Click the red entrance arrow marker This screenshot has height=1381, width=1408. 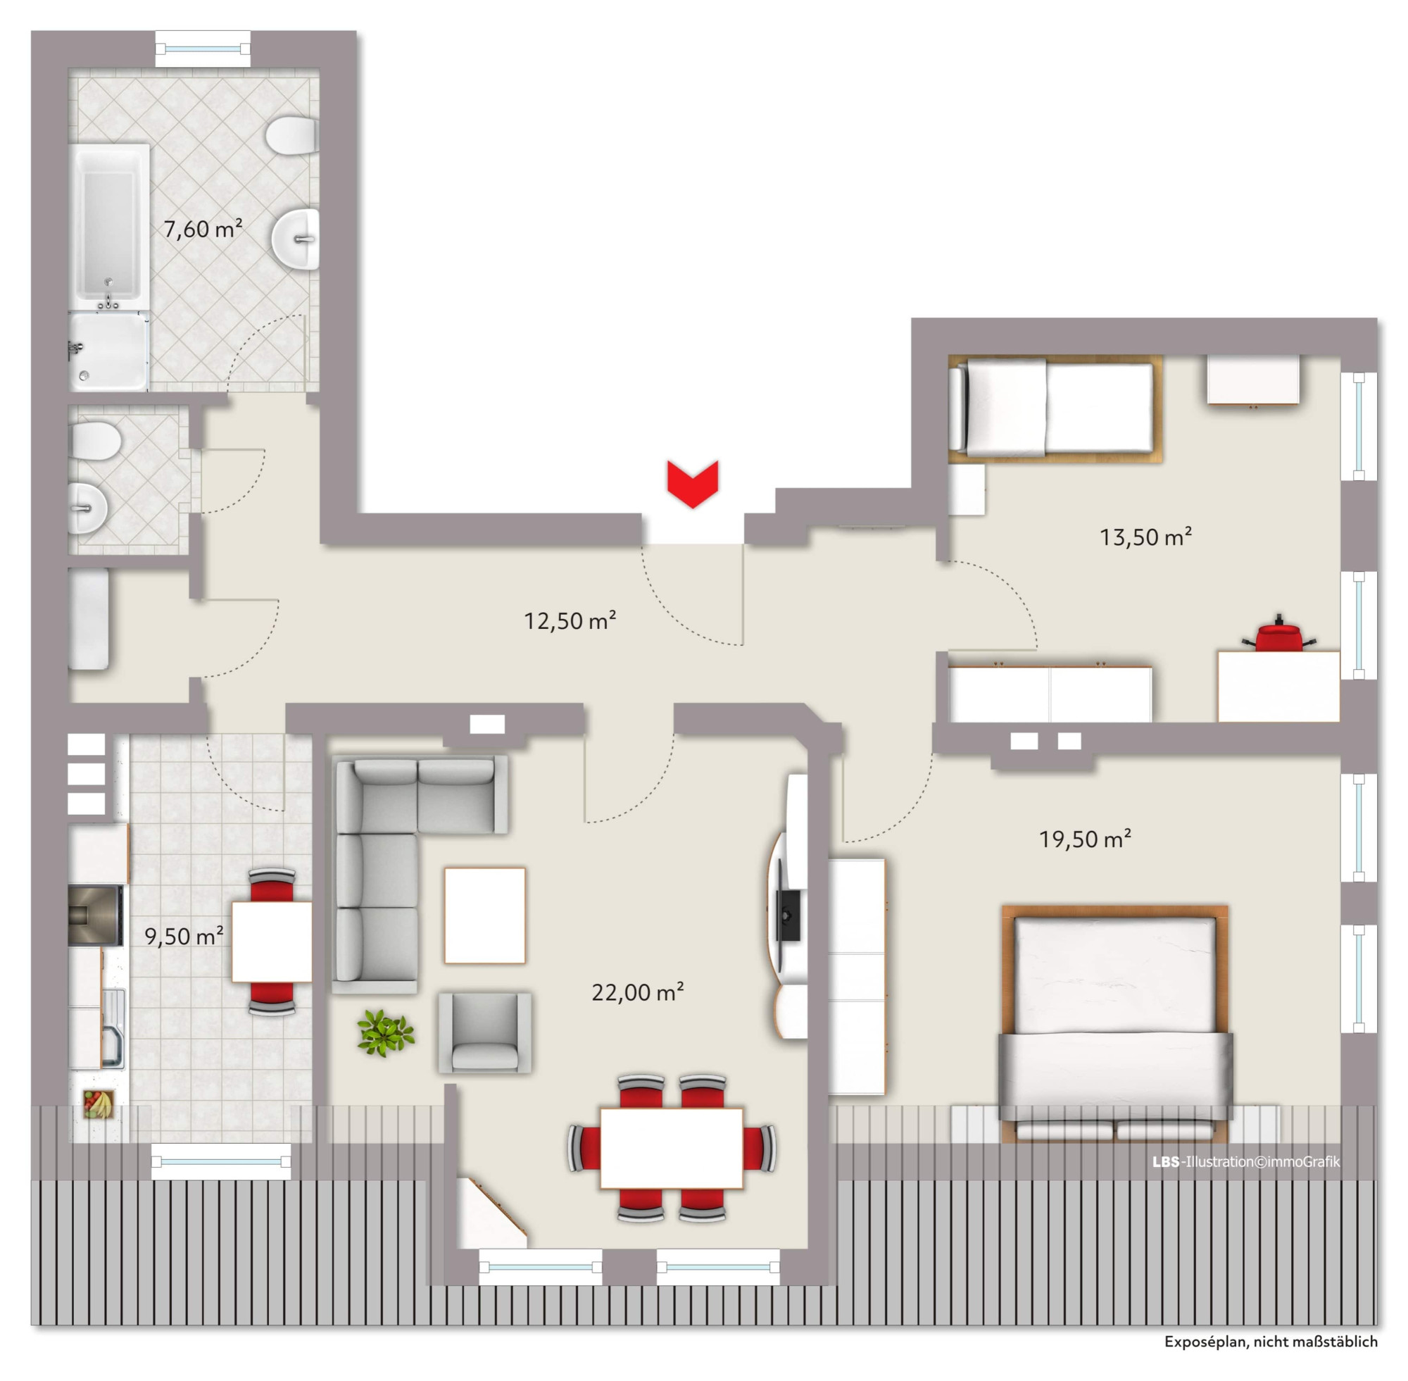(693, 484)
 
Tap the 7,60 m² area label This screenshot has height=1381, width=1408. (202, 229)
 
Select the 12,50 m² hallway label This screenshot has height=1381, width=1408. (570, 621)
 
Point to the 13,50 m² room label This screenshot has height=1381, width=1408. (1145, 537)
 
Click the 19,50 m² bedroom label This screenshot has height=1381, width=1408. (1085, 839)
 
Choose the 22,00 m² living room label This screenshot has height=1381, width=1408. (637, 992)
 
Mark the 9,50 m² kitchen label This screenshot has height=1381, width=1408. (184, 936)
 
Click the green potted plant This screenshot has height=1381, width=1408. (385, 1033)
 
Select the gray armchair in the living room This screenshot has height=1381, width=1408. (484, 1033)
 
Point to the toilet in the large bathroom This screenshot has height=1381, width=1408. (291, 135)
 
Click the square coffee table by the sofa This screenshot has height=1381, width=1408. (484, 916)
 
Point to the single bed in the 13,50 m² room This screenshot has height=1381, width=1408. (1055, 408)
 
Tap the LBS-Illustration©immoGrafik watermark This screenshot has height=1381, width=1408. (1245, 1161)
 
